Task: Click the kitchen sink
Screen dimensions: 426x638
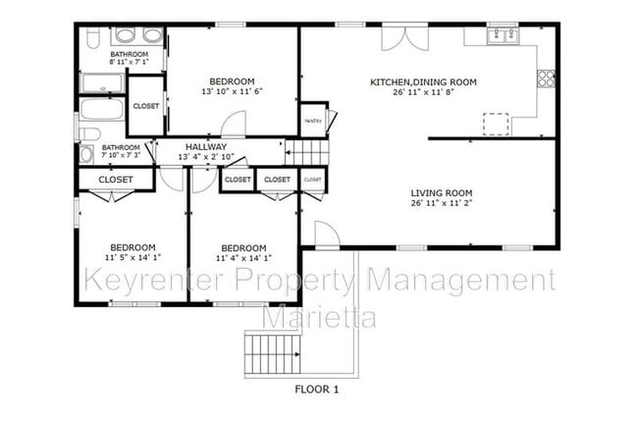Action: pyautogui.click(x=504, y=35)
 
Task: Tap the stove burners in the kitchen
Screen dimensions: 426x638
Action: pyautogui.click(x=546, y=78)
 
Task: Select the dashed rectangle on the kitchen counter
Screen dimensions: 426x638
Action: pyautogui.click(x=497, y=123)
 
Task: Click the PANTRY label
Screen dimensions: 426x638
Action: pyautogui.click(x=313, y=121)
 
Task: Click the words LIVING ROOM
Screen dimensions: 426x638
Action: pyautogui.click(x=442, y=192)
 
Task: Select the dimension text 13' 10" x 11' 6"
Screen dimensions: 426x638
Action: pyautogui.click(x=233, y=91)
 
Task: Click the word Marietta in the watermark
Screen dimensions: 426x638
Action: pyautogui.click(x=318, y=317)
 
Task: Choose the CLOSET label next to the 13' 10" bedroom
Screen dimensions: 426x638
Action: pyautogui.click(x=145, y=106)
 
